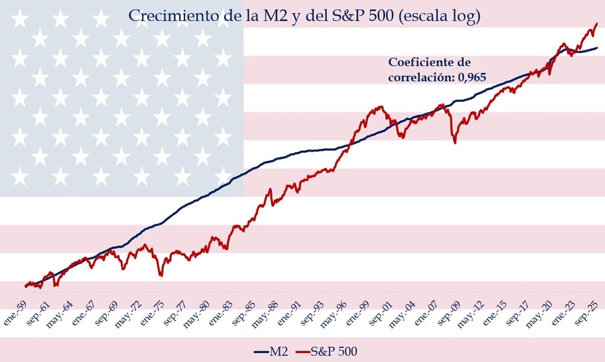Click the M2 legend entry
(271, 351)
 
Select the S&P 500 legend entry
(326, 351)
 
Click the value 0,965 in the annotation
(472, 77)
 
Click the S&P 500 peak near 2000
(381, 106)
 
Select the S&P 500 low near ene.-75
(161, 276)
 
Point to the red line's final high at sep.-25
(597, 24)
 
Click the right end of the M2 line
(597, 47)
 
